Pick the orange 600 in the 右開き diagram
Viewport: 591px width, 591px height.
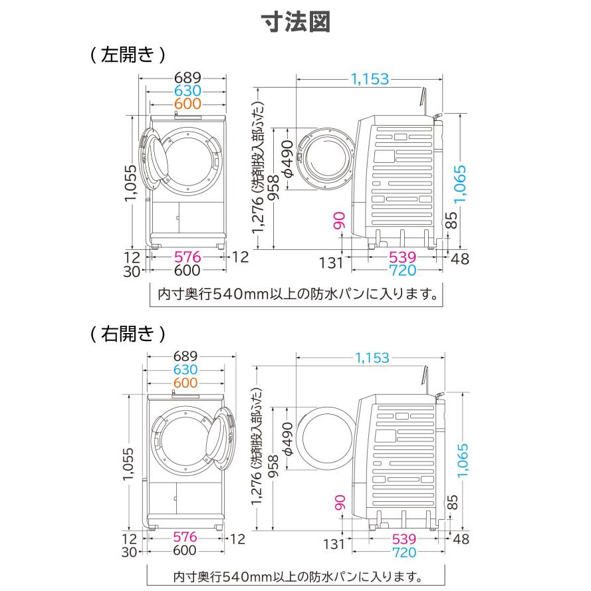(x=186, y=383)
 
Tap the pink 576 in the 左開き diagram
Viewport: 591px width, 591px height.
(x=187, y=257)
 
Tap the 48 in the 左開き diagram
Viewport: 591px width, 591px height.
(x=459, y=257)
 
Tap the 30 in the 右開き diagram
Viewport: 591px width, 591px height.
(x=130, y=550)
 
